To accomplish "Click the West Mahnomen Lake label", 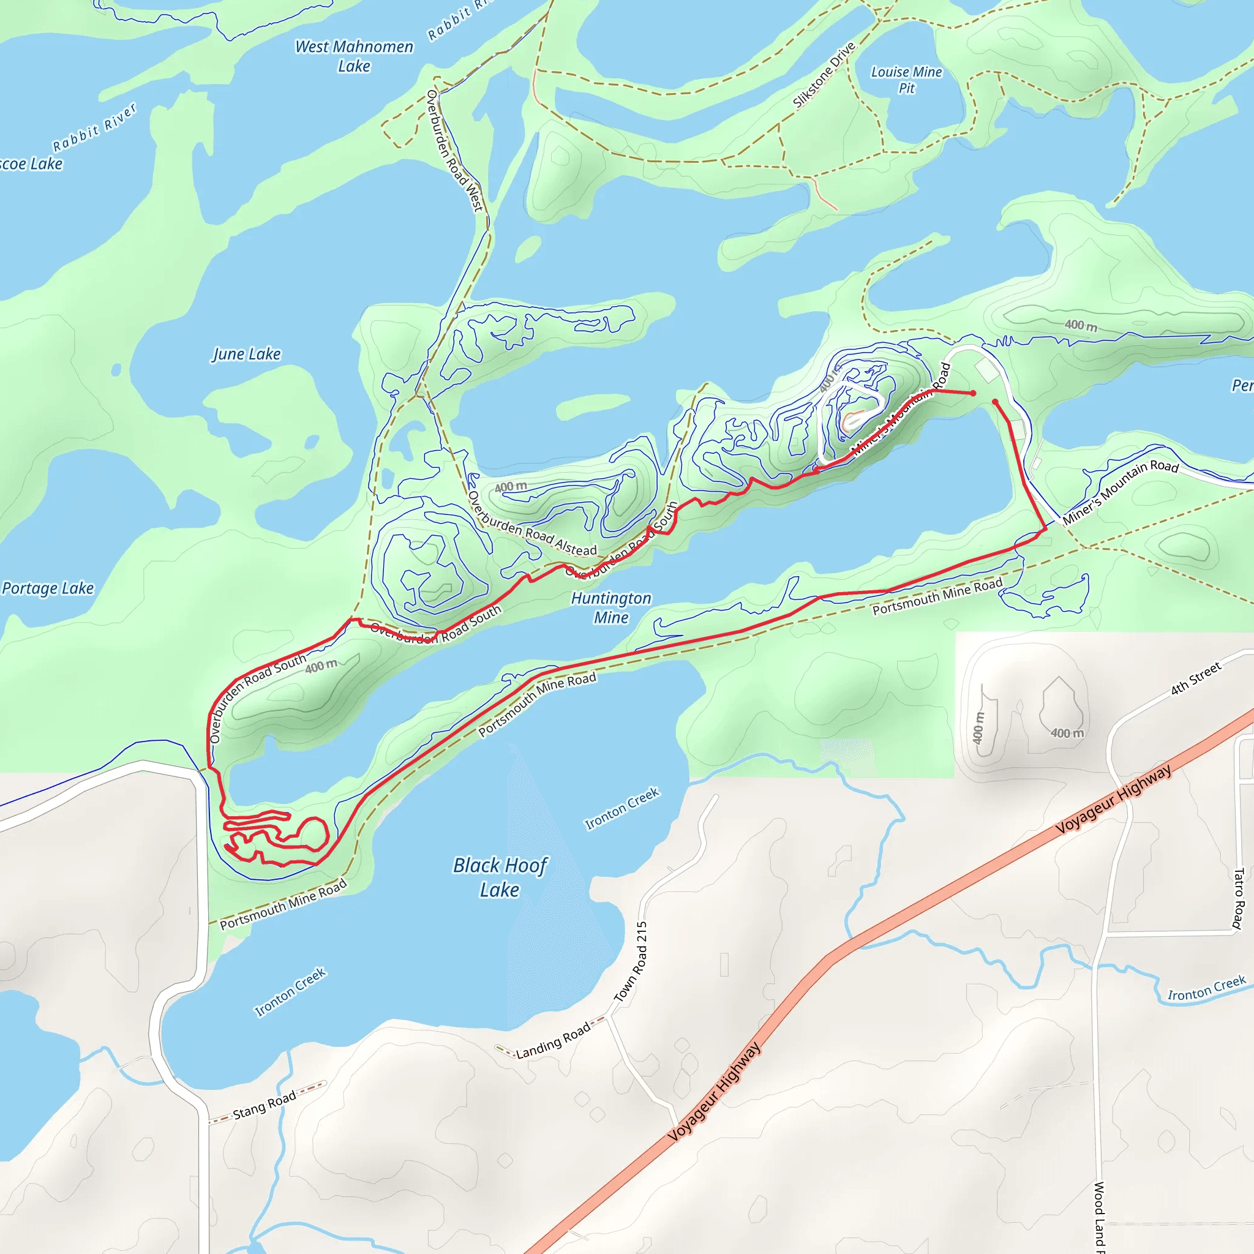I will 354,56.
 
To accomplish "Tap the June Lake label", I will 247,354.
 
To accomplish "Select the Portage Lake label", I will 48,588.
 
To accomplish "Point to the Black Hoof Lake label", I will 500,877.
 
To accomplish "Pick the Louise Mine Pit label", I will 906,80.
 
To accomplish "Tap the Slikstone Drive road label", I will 824,75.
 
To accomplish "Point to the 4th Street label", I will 1196,678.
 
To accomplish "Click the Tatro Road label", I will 1237,899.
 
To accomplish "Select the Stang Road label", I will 264,1105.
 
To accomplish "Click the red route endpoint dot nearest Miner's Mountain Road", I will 973,393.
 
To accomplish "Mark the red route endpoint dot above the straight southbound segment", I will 995,402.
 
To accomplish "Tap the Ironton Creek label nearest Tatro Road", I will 1207,988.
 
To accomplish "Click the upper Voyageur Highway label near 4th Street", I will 1113,799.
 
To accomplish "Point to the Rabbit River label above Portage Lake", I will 95,127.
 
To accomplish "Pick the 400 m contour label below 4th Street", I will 1067,733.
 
